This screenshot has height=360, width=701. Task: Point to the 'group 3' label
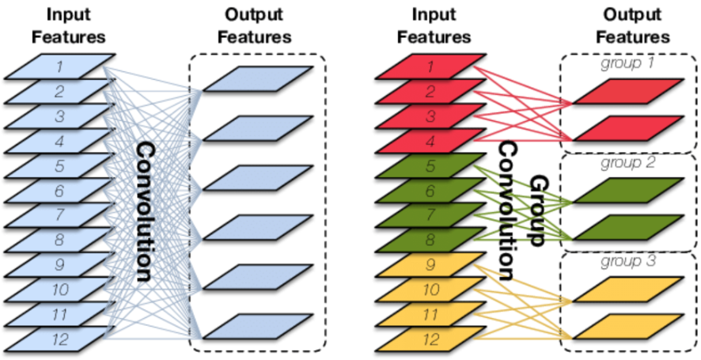click(x=628, y=261)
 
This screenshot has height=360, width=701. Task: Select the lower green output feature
click(x=627, y=226)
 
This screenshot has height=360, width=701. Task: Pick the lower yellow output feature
click(x=627, y=325)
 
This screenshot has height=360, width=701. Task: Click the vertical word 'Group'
click(x=539, y=210)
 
